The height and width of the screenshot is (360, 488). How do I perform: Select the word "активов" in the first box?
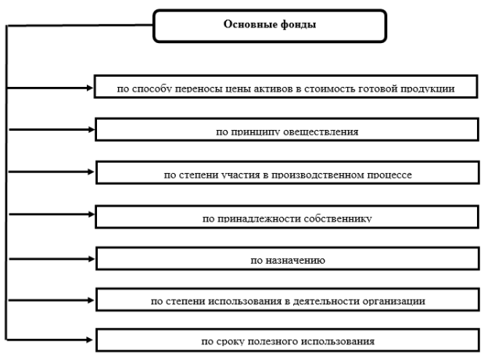coord(273,89)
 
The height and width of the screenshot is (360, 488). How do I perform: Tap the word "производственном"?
coord(318,175)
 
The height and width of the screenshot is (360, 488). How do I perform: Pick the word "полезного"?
coord(271,342)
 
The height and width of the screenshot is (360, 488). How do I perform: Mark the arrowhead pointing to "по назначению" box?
coord(91,259)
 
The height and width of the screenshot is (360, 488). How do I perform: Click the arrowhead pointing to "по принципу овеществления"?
coord(91,130)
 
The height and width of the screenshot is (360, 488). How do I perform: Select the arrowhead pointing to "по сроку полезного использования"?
coord(90,340)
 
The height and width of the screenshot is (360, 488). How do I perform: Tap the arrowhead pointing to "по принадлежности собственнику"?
coord(91,214)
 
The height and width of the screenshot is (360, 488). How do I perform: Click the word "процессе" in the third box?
coord(389,175)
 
